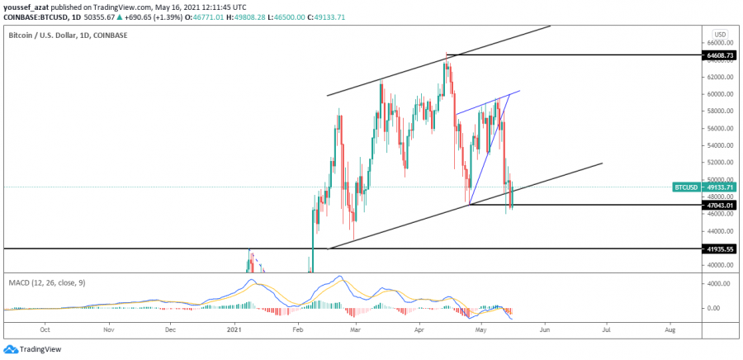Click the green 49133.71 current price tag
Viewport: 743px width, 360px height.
pyautogui.click(x=718, y=187)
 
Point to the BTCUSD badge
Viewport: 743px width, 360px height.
pyautogui.click(x=688, y=187)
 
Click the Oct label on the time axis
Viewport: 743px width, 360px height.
pyautogui.click(x=45, y=328)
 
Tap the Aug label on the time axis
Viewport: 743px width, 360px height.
pyautogui.click(x=670, y=328)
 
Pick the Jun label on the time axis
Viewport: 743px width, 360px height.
pyautogui.click(x=545, y=328)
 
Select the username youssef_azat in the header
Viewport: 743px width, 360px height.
pyautogui.click(x=26, y=7)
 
